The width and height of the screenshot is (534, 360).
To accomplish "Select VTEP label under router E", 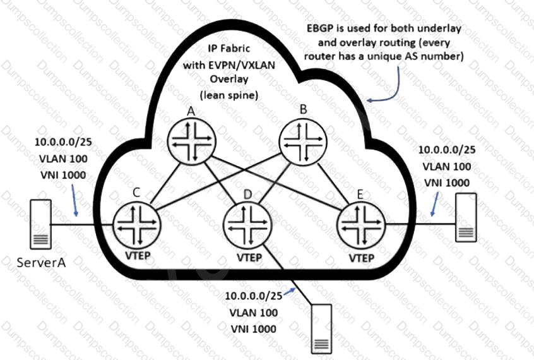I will click(360, 258).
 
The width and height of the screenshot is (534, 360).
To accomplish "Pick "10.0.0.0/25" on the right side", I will click(446, 150).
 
